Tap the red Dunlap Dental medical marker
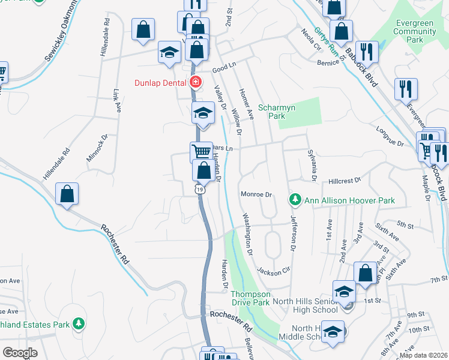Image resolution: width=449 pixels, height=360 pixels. point(195,82)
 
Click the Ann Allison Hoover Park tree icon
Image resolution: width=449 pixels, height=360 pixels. point(295,199)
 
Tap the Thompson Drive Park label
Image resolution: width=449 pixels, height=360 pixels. point(251,298)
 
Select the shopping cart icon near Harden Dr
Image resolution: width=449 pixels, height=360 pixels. point(200,151)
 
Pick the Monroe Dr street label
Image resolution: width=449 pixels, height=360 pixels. point(256,194)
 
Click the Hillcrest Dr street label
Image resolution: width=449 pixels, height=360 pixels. point(344,180)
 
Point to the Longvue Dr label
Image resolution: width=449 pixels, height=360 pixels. point(390,139)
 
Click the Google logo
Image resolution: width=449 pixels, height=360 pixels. point(20,353)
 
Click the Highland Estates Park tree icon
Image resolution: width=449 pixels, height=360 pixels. point(77,325)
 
